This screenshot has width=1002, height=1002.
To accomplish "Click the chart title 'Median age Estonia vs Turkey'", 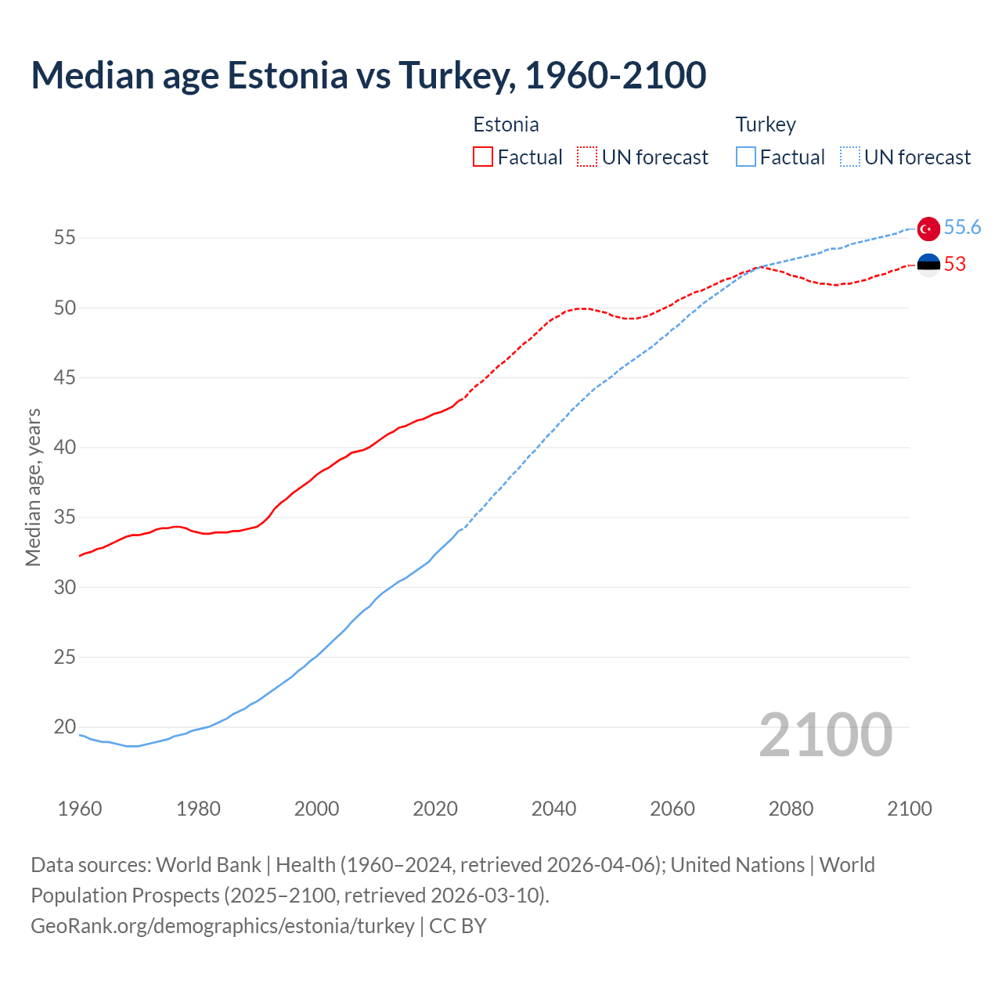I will coord(368,75).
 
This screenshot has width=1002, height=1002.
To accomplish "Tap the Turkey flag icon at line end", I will coord(928,229).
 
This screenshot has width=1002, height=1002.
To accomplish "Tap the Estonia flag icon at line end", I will coord(928,265).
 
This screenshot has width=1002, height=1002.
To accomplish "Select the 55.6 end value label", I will coord(962,227).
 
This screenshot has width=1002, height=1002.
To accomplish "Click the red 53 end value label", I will coord(955,265).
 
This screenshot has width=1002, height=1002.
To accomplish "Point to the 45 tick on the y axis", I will coord(65,378).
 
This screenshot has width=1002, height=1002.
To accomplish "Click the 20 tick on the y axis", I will coord(65,727).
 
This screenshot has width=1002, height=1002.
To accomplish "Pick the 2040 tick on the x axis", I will coord(553,809).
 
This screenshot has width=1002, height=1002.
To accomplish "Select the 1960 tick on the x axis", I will coord(80,809).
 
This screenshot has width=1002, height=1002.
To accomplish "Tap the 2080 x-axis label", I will coord(791,809).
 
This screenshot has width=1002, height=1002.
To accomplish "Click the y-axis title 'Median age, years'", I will coord(33,487).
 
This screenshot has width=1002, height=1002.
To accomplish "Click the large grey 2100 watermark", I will coord(825,735).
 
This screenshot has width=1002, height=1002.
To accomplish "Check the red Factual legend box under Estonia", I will coord(483,157).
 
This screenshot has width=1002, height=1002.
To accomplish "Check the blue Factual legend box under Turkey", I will coord(746,157).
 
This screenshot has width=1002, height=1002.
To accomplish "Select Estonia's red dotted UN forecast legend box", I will coord(587,157).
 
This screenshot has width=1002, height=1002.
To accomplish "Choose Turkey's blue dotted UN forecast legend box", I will coord(850,157).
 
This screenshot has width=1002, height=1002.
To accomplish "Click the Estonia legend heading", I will coord(506,125).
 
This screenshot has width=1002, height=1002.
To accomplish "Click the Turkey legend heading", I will coord(766,125).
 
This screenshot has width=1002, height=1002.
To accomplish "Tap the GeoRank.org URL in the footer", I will coord(222,926).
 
